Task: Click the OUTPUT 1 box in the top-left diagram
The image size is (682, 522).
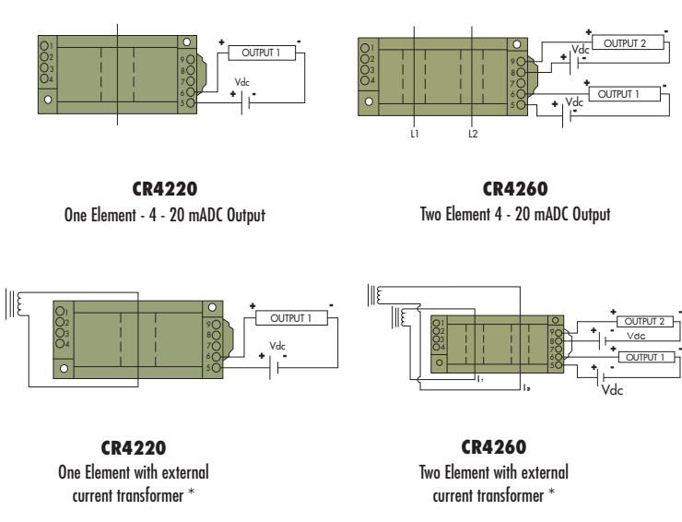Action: pyautogui.click(x=262, y=53)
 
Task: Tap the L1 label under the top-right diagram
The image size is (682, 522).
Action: pyautogui.click(x=415, y=134)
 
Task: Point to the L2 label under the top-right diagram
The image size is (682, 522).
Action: pyautogui.click(x=473, y=134)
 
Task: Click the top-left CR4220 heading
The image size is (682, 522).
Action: pyautogui.click(x=165, y=188)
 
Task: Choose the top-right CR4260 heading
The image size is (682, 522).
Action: pyautogui.click(x=515, y=188)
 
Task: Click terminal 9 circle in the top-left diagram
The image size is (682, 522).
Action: pyautogui.click(x=191, y=59)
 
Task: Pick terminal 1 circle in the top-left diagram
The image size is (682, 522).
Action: pyautogui.click(x=44, y=45)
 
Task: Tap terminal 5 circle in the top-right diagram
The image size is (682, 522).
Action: pyautogui.click(x=521, y=105)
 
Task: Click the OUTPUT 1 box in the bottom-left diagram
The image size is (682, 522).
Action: pyautogui.click(x=291, y=318)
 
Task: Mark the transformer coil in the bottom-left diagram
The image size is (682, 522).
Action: pyautogui.click(x=20, y=304)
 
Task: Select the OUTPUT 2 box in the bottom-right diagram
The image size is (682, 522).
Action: pyautogui.click(x=644, y=321)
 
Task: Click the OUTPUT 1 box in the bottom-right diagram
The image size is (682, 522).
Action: pyautogui.click(x=646, y=357)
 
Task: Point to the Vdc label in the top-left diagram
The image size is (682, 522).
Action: pyautogui.click(x=241, y=82)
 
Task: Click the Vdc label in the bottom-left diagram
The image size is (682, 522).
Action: pyautogui.click(x=277, y=346)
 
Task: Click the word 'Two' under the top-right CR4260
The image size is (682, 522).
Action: pyautogui.click(x=430, y=214)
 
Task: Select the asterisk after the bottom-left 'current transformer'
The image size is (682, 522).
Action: pyautogui.click(x=191, y=492)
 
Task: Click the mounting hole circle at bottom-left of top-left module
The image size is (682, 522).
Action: pyautogui.click(x=48, y=100)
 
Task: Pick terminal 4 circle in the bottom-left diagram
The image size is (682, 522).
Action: pyautogui.click(x=60, y=343)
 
